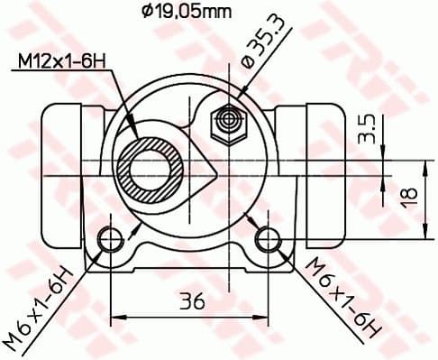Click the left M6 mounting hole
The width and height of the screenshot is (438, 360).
click(110, 238)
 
